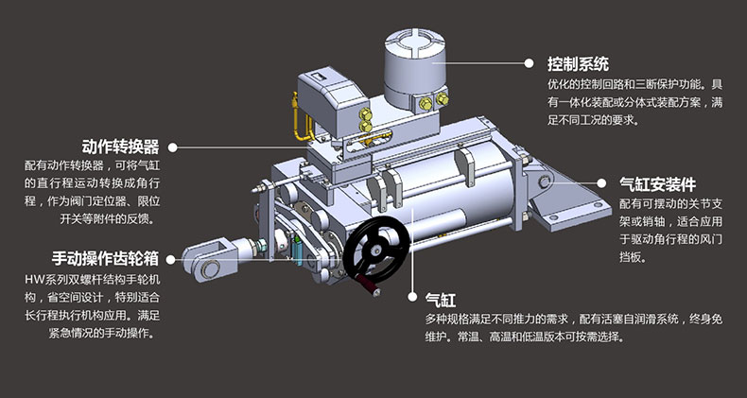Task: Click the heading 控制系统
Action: [578, 63]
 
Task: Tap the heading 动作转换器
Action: [120, 147]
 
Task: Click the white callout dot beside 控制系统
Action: [529, 63]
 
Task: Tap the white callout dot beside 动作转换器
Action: [172, 147]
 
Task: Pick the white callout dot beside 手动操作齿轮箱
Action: [172, 259]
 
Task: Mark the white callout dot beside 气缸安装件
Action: [601, 182]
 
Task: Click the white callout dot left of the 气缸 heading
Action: [412, 297]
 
